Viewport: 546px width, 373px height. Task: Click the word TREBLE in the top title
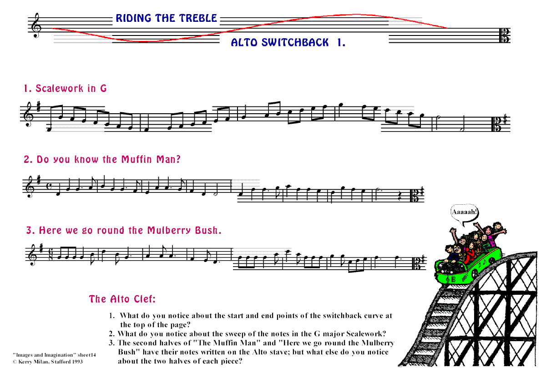click(x=198, y=18)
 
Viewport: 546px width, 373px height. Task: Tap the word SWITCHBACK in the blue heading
click(x=295, y=42)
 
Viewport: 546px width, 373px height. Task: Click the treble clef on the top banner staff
click(x=36, y=25)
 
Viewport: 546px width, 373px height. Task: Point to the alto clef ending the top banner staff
click(x=504, y=35)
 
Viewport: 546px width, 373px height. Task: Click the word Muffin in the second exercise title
click(x=136, y=159)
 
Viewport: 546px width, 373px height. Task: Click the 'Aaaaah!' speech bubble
click(x=465, y=212)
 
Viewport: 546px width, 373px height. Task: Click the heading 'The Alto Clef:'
click(x=122, y=299)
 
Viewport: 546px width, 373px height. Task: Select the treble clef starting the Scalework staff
click(x=29, y=115)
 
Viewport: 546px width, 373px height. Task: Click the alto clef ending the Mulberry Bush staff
click(x=416, y=262)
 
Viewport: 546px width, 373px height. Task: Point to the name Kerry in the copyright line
click(x=25, y=362)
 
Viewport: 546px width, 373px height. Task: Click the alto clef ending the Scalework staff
click(x=495, y=124)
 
